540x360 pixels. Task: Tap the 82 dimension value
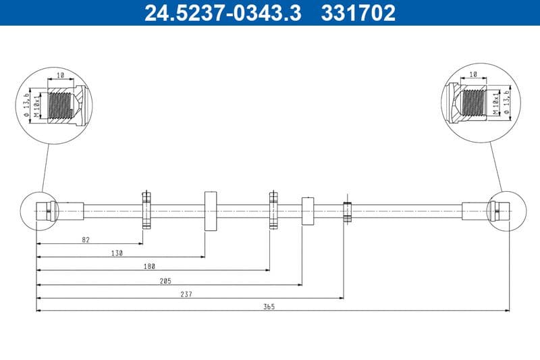tap(85, 240)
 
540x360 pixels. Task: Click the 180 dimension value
tap(150, 267)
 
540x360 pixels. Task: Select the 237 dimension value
tap(187, 294)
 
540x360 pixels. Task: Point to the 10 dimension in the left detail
tap(60, 76)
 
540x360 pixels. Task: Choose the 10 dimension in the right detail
tap(473, 74)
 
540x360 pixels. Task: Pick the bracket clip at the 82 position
tap(146, 210)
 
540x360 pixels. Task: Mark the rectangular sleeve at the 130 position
tap(209, 210)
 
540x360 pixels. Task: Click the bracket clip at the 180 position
tap(273, 210)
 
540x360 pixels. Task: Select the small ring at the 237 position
tap(348, 210)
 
